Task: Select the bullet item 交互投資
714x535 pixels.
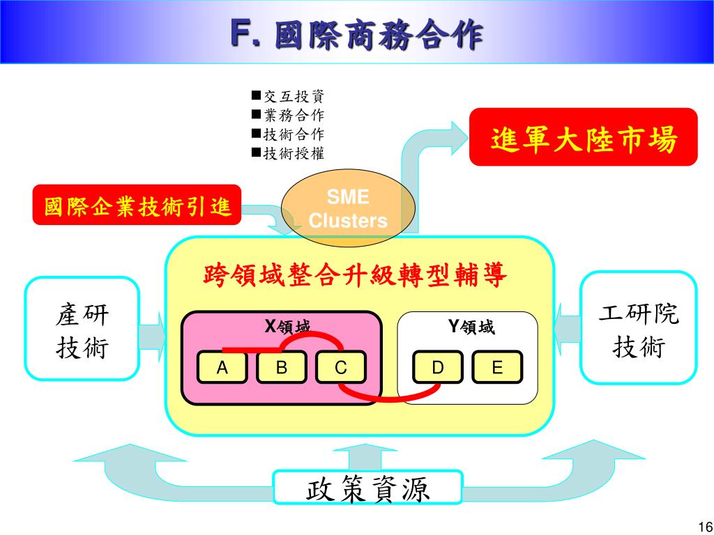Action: (x=289, y=97)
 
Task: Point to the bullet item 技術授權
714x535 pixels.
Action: (x=289, y=153)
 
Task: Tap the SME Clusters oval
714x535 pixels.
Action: (x=348, y=210)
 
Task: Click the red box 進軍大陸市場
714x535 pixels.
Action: (x=583, y=138)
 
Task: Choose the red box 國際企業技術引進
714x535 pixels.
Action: (x=137, y=206)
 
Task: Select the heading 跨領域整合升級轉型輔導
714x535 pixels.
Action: (x=355, y=277)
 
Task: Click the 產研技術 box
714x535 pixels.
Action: (x=82, y=329)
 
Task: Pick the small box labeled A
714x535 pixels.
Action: (x=222, y=368)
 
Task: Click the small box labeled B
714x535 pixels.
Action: (x=282, y=368)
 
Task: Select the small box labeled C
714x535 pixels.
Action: (x=340, y=368)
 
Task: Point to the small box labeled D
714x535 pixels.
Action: (x=438, y=368)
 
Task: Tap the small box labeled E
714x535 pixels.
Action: (x=497, y=368)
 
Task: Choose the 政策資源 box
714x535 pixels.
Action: (x=367, y=488)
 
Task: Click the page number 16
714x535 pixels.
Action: (x=702, y=526)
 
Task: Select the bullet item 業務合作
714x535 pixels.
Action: (x=289, y=116)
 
